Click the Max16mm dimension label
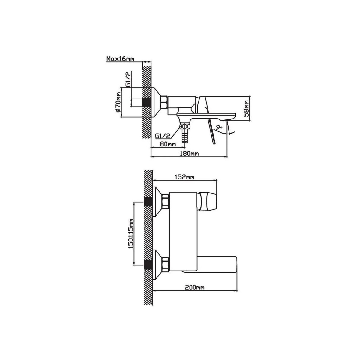[120, 59]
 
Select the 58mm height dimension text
[247, 108]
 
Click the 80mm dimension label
[168, 144]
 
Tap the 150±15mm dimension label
[131, 233]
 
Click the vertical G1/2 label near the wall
[128, 79]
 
